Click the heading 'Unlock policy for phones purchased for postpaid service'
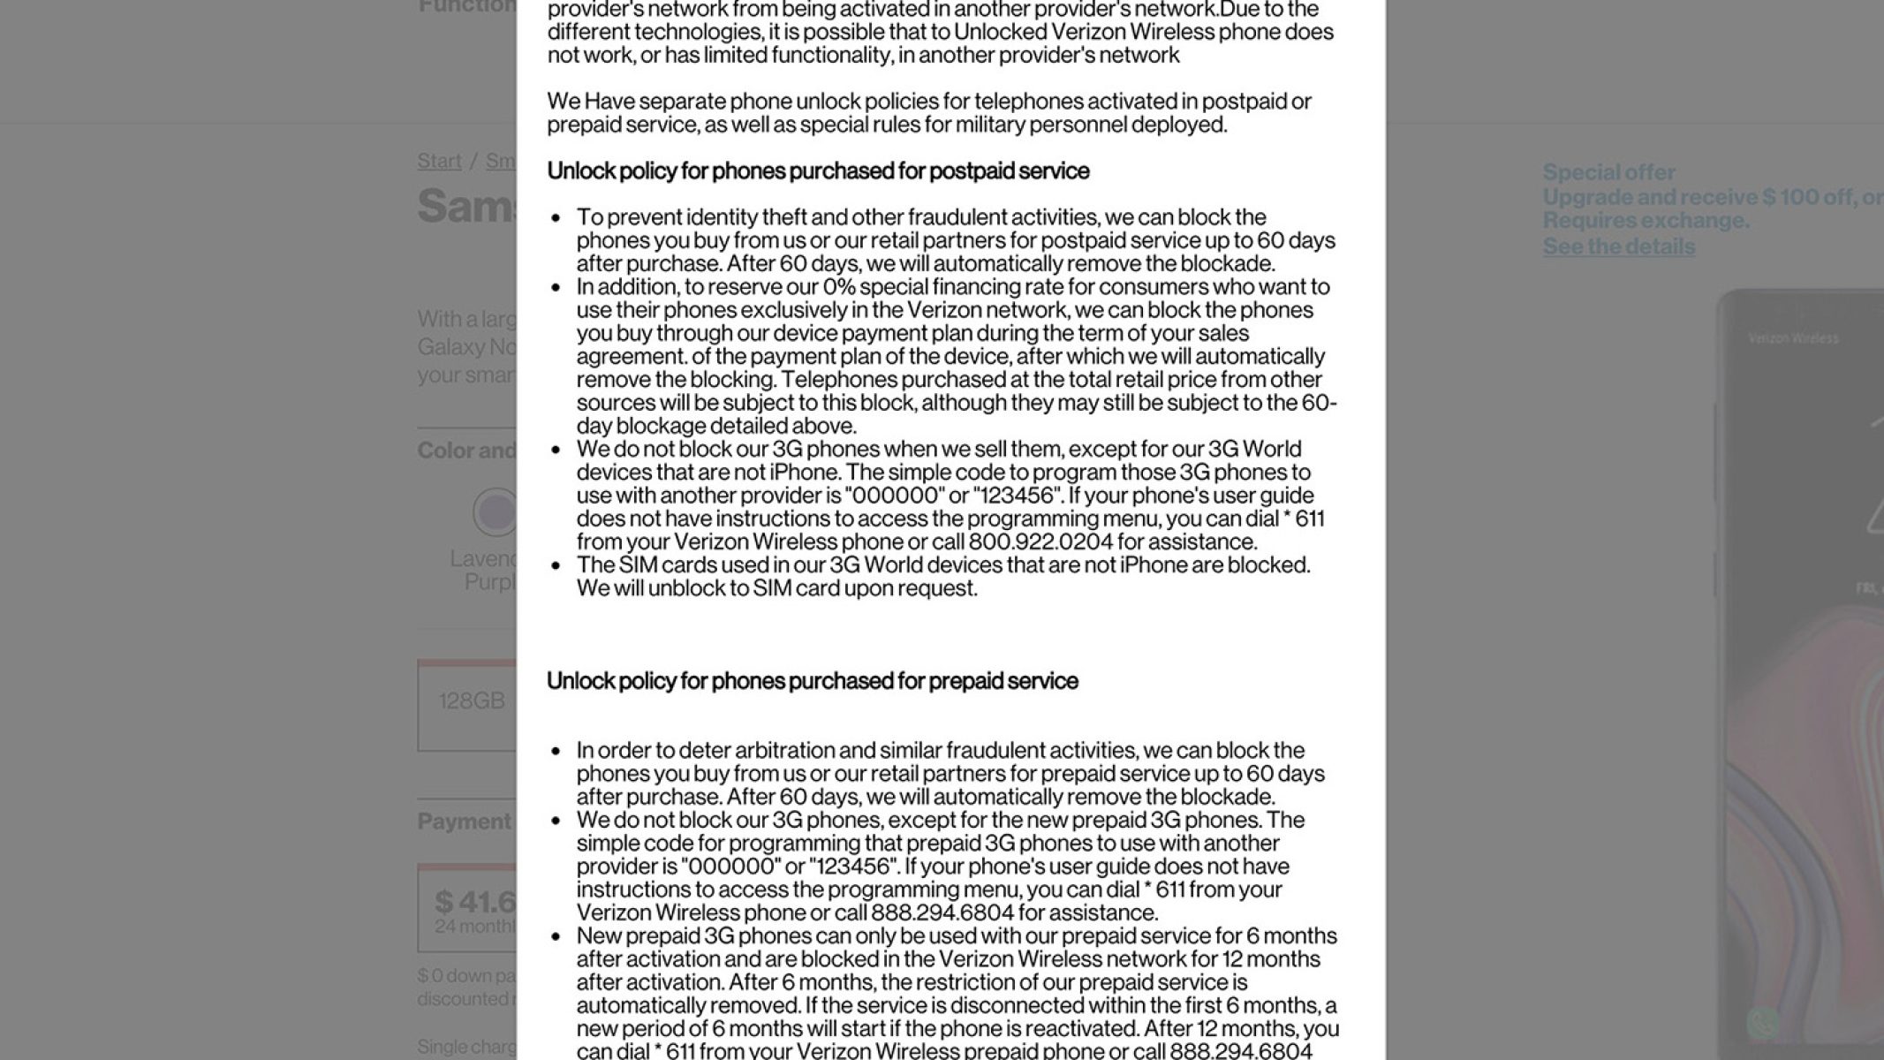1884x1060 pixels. tap(818, 171)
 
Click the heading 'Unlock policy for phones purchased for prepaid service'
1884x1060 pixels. tap(812, 681)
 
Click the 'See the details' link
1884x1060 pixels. tap(1618, 246)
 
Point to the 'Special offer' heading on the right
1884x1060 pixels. tap(1608, 172)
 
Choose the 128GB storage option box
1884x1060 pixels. tap(468, 704)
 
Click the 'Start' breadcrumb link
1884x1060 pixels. tap(439, 161)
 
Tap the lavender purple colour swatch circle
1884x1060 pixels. tap(496, 511)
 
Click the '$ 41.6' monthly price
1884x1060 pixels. tap(474, 902)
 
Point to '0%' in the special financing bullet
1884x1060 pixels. tap(838, 287)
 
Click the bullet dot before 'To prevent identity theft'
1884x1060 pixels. tap(556, 217)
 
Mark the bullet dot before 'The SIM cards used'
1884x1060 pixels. tap(556, 565)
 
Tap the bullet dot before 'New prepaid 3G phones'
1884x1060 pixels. tap(556, 936)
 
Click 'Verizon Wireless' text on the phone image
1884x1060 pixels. tap(1793, 338)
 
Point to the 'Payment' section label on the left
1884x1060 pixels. tap(464, 821)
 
